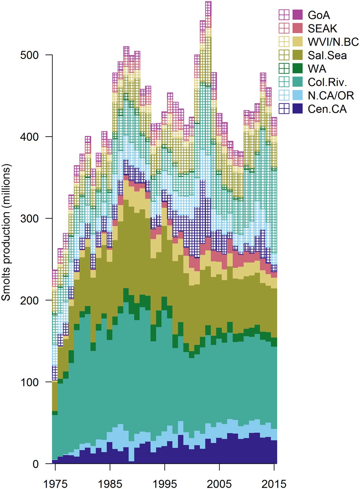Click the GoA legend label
pos(319,15)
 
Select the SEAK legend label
pos(322,28)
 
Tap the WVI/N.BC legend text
pos(333,42)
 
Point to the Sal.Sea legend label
pos(327,55)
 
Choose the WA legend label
pos(317,68)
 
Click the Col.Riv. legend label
pos(327,82)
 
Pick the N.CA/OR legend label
pos(331,95)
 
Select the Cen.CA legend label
pos(327,109)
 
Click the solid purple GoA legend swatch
pos(297,15)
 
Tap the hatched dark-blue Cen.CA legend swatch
pos(284,109)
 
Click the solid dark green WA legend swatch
pos(297,68)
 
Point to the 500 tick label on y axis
pos(30,55)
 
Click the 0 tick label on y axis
pos(35,464)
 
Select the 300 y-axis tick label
pos(30,219)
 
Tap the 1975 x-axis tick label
pos(55,484)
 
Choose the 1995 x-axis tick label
pos(165,484)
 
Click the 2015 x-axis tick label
pos(274,484)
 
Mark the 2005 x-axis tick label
pos(219,484)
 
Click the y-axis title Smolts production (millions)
pos(6,232)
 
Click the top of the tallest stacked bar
pos(208,2)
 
